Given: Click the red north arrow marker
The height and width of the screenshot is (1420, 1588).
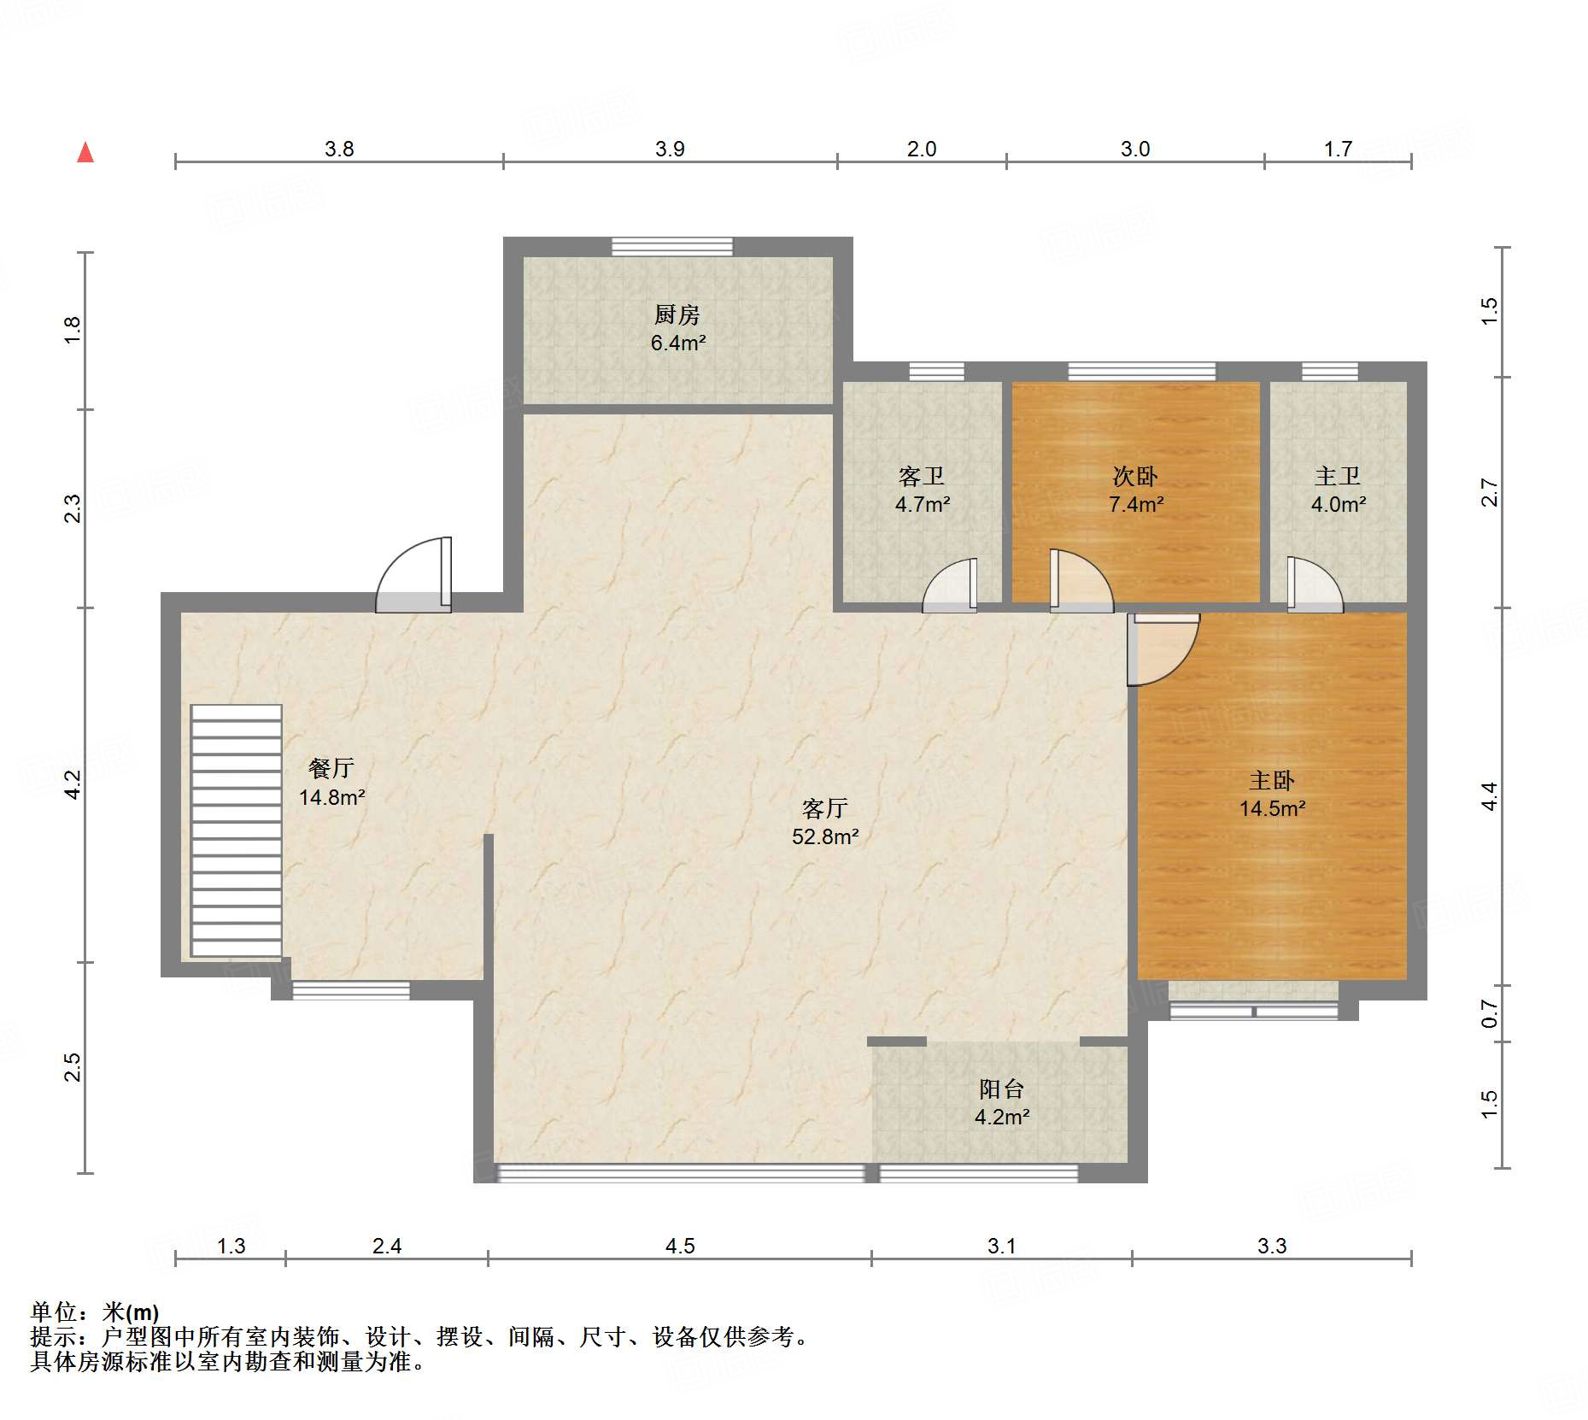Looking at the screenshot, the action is click(x=85, y=152).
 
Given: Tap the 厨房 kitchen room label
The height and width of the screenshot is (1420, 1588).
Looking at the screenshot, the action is click(x=677, y=314).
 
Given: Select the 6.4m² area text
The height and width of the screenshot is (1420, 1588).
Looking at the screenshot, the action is click(x=678, y=343).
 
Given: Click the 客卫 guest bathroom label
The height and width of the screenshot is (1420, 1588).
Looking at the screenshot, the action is click(x=922, y=476).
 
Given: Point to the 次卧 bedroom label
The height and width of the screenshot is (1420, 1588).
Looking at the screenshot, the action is click(x=1135, y=476).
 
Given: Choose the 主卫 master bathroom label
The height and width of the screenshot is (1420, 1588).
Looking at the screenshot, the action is click(x=1338, y=476).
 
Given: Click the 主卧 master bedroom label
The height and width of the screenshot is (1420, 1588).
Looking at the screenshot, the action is click(x=1272, y=780).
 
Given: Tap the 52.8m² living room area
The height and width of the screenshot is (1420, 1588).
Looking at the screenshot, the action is click(x=825, y=836).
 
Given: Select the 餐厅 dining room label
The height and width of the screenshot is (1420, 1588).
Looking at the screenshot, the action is click(x=331, y=768).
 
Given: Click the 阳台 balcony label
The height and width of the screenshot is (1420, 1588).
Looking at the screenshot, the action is click(x=1001, y=1088).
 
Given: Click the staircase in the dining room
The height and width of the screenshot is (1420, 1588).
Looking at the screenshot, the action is click(x=237, y=830).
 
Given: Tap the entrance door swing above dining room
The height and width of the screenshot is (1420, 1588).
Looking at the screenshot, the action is click(x=413, y=574).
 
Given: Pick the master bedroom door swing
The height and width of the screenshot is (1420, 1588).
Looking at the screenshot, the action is click(x=1163, y=649).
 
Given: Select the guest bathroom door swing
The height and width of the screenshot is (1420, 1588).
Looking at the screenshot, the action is click(x=950, y=586).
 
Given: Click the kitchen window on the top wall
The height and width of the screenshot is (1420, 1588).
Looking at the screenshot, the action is click(x=672, y=247).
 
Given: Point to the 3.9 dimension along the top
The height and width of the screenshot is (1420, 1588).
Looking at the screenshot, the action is click(x=670, y=149).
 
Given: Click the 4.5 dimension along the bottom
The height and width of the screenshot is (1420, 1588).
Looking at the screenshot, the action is click(x=680, y=1246).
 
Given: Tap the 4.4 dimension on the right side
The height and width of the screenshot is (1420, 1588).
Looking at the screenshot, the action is click(x=1489, y=796).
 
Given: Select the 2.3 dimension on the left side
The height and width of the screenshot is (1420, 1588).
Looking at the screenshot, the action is click(x=73, y=508).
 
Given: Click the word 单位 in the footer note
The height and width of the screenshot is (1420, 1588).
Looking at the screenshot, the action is click(x=54, y=1311).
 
